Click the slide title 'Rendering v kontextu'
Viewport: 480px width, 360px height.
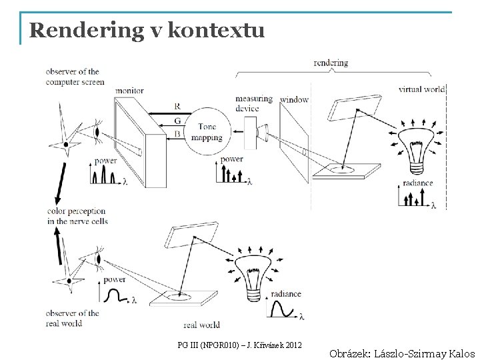click(x=147, y=31)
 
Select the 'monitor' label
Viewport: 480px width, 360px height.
click(x=129, y=91)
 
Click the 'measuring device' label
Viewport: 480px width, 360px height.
click(x=254, y=103)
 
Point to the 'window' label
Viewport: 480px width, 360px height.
click(x=294, y=100)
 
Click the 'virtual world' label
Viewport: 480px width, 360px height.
click(x=421, y=88)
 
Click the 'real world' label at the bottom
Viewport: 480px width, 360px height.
click(x=201, y=325)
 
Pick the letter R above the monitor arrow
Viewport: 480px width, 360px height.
click(x=176, y=107)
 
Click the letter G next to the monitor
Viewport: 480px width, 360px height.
click(x=176, y=121)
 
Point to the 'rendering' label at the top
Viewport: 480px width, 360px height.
click(x=331, y=63)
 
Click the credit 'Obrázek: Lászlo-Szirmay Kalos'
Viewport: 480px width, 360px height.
click(x=401, y=354)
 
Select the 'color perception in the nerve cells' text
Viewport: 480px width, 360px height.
click(x=76, y=216)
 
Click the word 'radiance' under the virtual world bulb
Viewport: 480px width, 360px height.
click(x=418, y=183)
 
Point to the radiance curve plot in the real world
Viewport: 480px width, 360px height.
click(x=287, y=309)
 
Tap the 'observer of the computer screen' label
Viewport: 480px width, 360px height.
click(x=75, y=76)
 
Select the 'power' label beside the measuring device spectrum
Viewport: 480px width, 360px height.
click(x=231, y=159)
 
